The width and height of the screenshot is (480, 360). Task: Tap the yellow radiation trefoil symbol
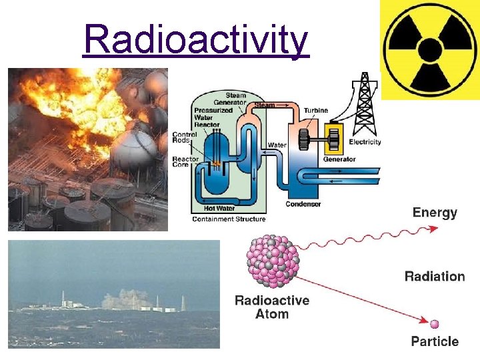tap(430, 49)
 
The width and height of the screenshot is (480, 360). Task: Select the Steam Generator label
tap(235, 99)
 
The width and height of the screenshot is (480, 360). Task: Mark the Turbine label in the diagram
tap(316, 110)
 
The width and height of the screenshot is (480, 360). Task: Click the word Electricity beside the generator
tap(365, 142)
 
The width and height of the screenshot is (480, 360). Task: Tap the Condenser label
tap(303, 204)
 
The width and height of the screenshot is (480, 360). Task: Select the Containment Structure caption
tap(229, 219)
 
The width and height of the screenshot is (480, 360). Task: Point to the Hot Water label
tap(223, 209)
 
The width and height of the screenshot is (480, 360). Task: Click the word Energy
tap(435, 213)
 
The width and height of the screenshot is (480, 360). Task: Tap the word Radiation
tap(435, 277)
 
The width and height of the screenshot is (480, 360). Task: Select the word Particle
tap(435, 341)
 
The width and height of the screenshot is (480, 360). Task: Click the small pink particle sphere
tap(435, 324)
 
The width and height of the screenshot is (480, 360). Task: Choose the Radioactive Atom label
tap(272, 307)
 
